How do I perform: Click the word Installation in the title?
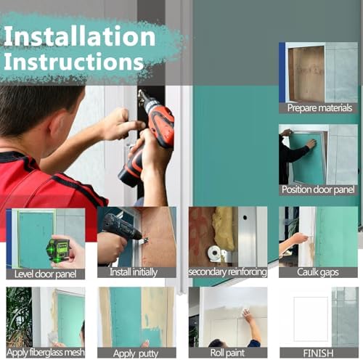click(x=79, y=36)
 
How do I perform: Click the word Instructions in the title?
click(x=74, y=62)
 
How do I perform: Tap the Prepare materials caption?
click(x=319, y=108)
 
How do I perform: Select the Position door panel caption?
click(x=318, y=189)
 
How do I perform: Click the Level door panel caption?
click(x=45, y=274)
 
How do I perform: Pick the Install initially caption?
click(x=134, y=272)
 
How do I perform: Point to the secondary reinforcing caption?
click(x=228, y=272)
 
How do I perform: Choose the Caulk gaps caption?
click(x=318, y=272)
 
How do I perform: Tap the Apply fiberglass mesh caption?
click(x=46, y=353)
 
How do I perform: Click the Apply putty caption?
click(x=136, y=353)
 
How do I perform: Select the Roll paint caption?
click(x=227, y=353)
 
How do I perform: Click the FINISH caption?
click(x=318, y=353)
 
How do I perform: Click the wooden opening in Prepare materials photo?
click(x=306, y=74)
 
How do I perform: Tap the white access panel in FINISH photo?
click(x=311, y=319)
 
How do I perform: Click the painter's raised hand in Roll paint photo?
click(x=247, y=315)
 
